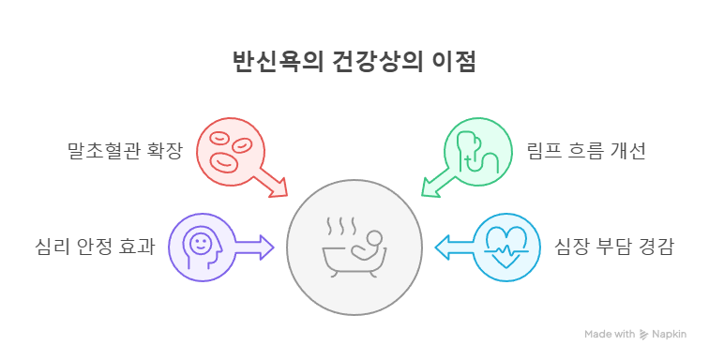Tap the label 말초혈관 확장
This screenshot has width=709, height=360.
pos(125,150)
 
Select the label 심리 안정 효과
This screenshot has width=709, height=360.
pos(93,247)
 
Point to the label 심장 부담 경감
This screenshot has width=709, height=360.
pos(613,247)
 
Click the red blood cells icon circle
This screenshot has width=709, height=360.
pos(230,150)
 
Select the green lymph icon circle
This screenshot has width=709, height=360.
pos(478,150)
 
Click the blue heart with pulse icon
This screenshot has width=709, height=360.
pos(506,247)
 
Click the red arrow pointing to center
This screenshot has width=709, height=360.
pos(271,182)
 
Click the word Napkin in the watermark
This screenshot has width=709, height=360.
pos(669,334)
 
